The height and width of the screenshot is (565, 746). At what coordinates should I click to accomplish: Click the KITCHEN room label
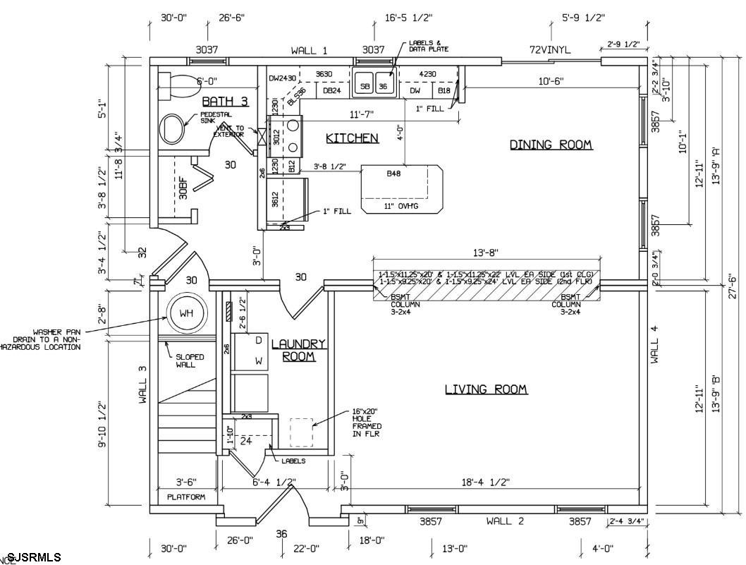(352, 138)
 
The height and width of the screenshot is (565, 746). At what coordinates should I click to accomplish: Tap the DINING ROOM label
(551, 145)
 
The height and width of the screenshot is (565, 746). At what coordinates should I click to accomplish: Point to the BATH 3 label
(225, 102)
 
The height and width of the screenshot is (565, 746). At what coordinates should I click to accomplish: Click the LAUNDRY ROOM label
(299, 350)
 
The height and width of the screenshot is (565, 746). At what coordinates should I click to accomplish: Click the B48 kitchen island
(400, 189)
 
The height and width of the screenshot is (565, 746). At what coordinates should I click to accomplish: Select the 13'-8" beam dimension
(486, 252)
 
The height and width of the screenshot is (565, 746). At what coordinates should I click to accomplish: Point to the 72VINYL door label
(550, 50)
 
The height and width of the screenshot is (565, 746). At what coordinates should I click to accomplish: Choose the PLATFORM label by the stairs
(186, 497)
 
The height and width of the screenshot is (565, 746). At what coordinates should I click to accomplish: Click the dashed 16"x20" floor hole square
(301, 432)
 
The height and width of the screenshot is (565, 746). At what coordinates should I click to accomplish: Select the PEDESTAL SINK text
(216, 118)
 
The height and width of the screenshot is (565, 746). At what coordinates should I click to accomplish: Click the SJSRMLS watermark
(34, 557)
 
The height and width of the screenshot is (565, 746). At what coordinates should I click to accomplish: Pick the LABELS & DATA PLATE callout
(429, 46)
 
